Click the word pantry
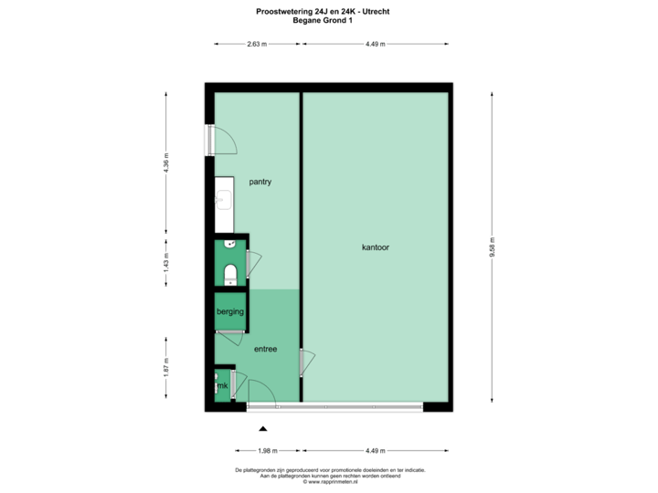pyautogui.click(x=260, y=182)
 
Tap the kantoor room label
pyautogui.click(x=376, y=247)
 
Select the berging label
pyautogui.click(x=229, y=312)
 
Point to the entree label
pyautogui.click(x=266, y=348)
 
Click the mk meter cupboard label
pyautogui.click(x=221, y=386)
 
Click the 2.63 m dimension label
pyautogui.click(x=257, y=43)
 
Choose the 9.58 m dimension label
pyautogui.click(x=492, y=247)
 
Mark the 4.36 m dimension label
pyautogui.click(x=165, y=162)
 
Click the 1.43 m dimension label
pyautogui.click(x=165, y=263)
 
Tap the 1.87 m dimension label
pyautogui.click(x=165, y=367)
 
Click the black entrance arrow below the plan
pyautogui.click(x=263, y=427)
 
